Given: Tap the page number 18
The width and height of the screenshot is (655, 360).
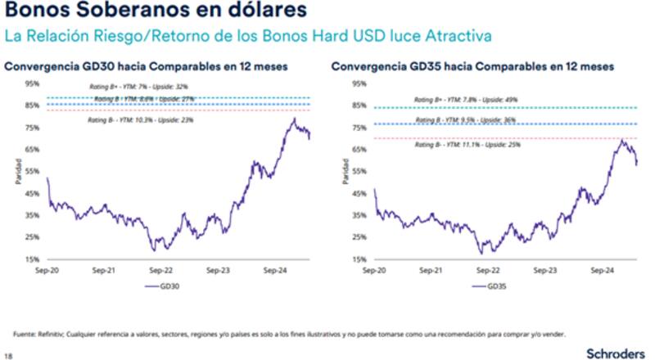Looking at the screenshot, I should click(8, 355).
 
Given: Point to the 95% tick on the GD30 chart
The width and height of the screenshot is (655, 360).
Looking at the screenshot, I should click(33, 83).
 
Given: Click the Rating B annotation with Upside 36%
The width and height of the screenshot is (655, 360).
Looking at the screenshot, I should click(465, 119).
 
